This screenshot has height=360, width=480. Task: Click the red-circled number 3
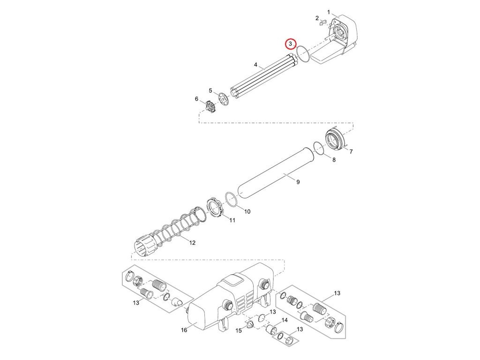(291, 44)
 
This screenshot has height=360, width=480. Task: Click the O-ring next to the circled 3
(303, 54)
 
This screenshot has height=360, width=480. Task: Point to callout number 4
(255, 65)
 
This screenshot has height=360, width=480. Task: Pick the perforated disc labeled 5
(224, 98)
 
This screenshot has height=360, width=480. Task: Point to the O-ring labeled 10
(232, 199)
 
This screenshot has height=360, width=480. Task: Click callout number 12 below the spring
(192, 242)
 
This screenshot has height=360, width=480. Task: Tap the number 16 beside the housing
(184, 330)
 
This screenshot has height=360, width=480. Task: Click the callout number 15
(239, 330)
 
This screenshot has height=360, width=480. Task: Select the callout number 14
(284, 321)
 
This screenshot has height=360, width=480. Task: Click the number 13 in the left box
(135, 303)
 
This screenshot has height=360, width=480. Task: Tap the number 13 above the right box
(337, 293)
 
